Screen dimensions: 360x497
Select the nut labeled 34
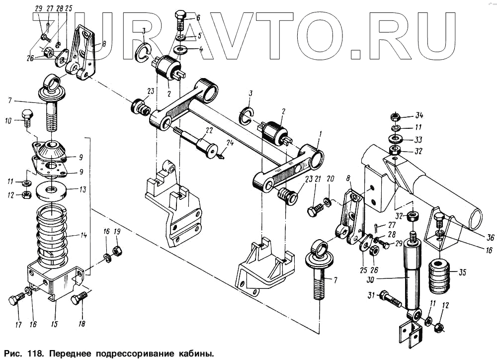tap(395, 117)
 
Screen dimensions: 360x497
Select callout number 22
tap(209, 130)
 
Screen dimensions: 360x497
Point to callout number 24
tap(230, 143)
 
